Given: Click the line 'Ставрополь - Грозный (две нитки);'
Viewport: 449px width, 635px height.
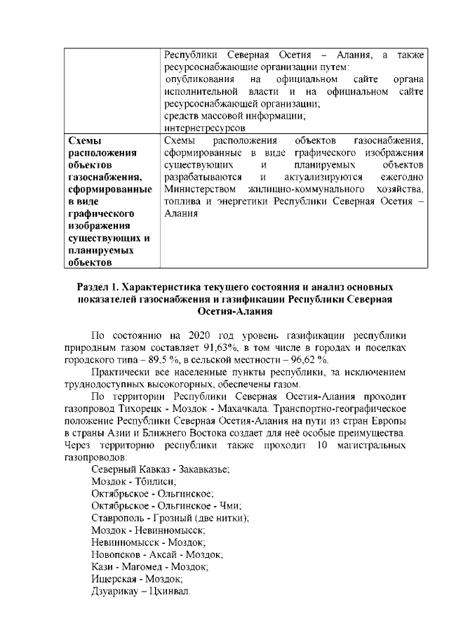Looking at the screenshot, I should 170,518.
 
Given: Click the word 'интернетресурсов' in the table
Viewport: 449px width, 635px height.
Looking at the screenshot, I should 204,128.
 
